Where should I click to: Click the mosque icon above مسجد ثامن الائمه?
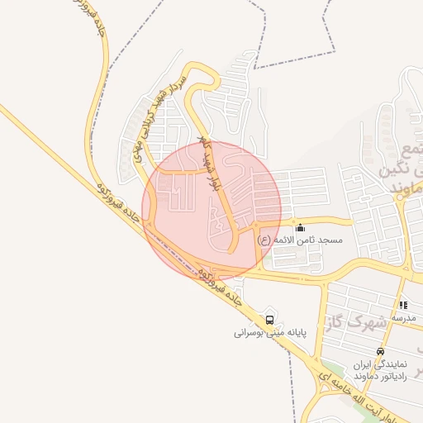coord(300,227)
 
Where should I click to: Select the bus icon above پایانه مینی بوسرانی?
coord(269,320)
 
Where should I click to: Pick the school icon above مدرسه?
coord(402,305)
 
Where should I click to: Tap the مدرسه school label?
coord(402,318)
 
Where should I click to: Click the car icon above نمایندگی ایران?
coord(380,351)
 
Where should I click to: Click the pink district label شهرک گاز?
coord(368,320)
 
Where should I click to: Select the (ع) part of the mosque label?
coord(264,240)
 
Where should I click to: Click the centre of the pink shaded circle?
coord(211,209)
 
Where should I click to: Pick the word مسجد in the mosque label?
coord(340,240)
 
